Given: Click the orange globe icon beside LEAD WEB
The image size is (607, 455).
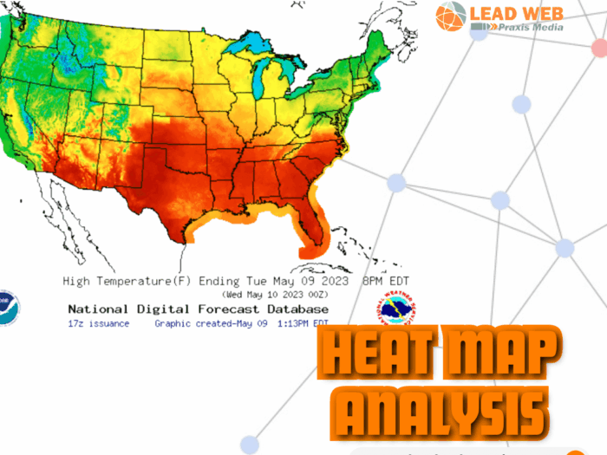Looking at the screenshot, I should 451,16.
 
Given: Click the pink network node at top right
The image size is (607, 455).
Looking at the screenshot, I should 599,48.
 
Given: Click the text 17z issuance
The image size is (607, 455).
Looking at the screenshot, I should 98,323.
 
